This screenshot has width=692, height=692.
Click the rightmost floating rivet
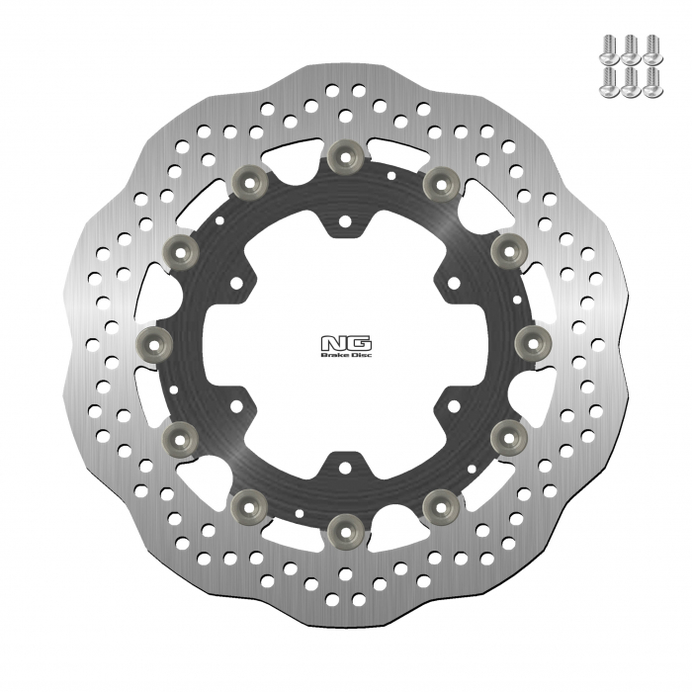[x=533, y=343]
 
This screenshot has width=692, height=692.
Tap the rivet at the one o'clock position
[x=438, y=179]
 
